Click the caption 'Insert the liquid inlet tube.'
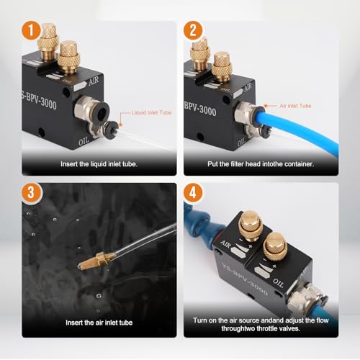[x=99, y=163]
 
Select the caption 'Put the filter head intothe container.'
[x=261, y=163]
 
